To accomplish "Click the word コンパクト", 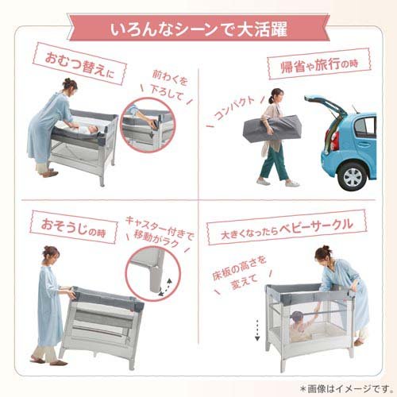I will click(x=237, y=107).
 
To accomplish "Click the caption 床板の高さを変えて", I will click(x=242, y=275).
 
